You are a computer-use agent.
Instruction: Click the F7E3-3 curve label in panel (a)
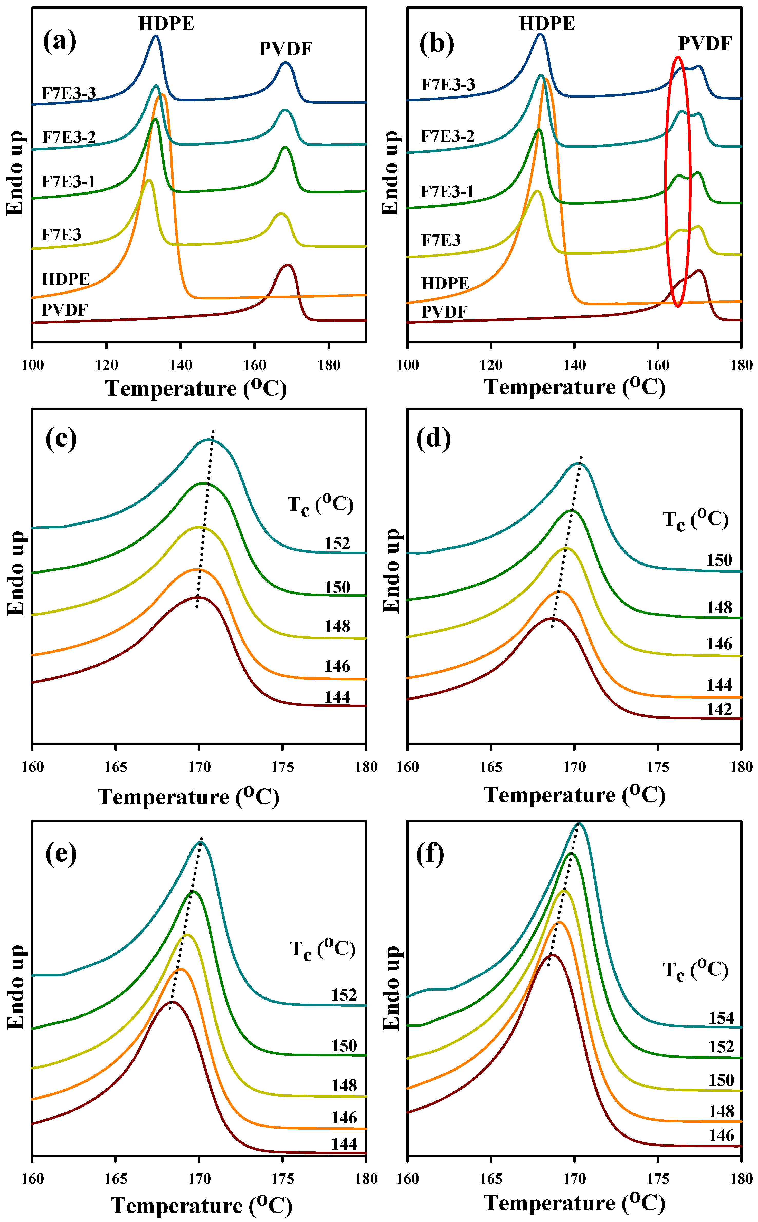pos(69,93)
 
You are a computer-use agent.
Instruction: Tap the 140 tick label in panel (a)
pos(181,365)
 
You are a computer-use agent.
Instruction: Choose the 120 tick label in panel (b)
pos(491,365)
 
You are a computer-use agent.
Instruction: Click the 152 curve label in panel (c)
pos(337,544)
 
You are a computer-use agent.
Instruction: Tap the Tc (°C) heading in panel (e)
pos(322,949)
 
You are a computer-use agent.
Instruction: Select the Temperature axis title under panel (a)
pos(195,388)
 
